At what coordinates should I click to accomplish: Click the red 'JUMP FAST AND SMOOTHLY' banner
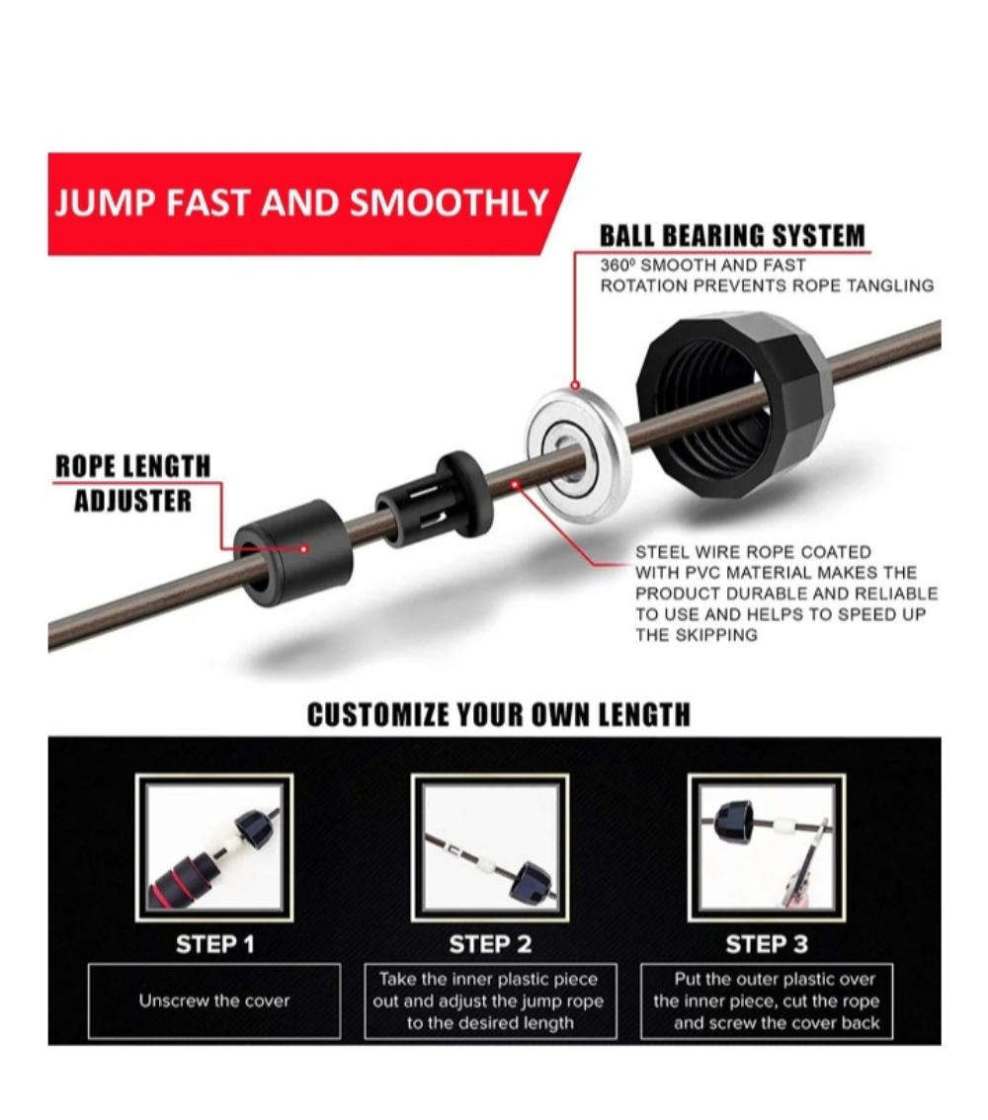[301, 202]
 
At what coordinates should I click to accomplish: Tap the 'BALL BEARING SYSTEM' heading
[732, 236]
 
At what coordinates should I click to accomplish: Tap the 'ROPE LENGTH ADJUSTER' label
[132, 483]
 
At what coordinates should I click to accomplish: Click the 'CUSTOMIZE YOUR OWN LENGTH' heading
[498, 715]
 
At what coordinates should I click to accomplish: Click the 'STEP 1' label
[214, 944]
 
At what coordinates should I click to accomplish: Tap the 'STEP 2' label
[490, 944]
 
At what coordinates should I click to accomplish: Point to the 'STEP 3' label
[767, 944]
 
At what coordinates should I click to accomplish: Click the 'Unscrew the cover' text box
[214, 1000]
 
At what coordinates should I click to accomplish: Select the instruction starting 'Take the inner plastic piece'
[490, 1000]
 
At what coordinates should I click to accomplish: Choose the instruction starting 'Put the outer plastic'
[767, 1000]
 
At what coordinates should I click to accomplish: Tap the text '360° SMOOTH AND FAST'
[702, 266]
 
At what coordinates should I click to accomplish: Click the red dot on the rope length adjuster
[304, 548]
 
